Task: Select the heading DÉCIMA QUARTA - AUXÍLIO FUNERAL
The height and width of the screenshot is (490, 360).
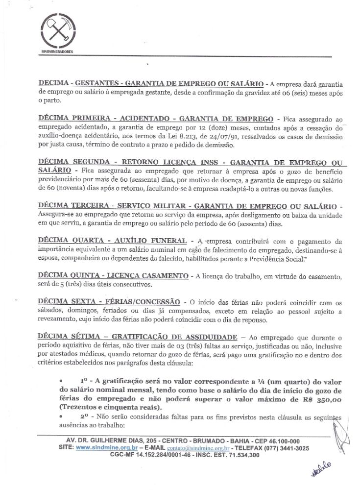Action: click(112, 241)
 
